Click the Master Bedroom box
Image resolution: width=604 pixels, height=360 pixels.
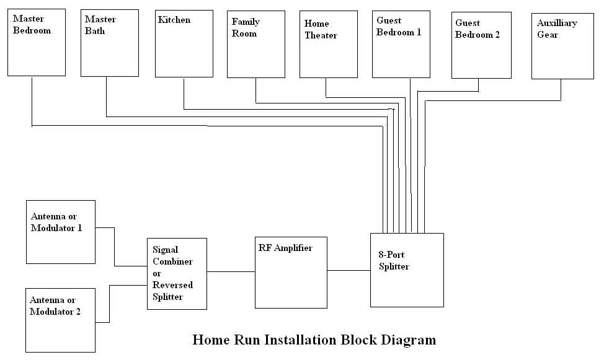36,43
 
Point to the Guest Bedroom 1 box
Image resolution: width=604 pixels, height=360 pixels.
401,45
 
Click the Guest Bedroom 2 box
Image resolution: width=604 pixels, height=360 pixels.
481,46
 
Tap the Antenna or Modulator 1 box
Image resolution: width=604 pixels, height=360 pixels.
60,231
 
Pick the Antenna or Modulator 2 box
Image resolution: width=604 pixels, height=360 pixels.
60,320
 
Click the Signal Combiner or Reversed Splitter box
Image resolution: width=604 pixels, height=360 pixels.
177,273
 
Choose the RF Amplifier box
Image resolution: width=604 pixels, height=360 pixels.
291,273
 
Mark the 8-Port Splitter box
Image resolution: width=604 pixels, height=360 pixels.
407,270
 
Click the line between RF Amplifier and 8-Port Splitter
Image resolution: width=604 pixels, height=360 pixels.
349,270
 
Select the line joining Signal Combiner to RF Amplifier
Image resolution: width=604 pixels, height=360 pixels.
231,271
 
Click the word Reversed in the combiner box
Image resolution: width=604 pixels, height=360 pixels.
172,285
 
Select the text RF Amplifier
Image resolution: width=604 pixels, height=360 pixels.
285,248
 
